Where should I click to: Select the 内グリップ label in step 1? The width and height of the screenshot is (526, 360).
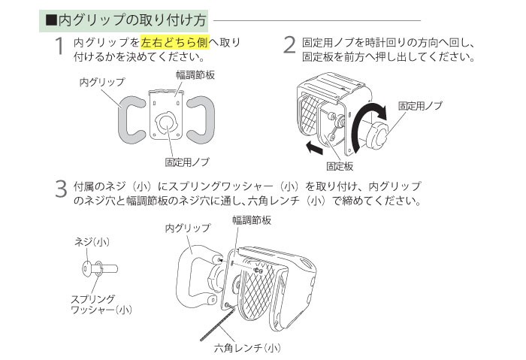[101, 80]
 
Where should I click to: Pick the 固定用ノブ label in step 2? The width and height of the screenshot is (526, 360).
[420, 106]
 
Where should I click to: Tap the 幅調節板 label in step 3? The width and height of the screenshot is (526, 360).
[251, 219]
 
